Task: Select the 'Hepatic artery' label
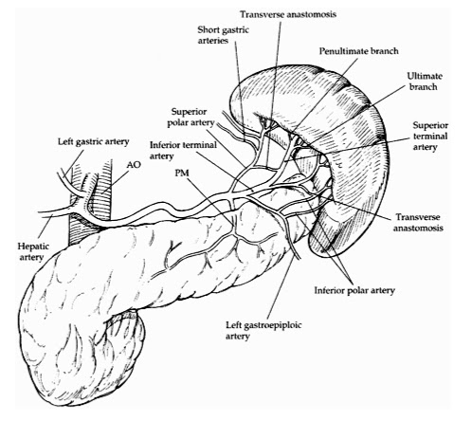pos(22,248)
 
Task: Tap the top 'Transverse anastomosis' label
pos(295,13)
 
